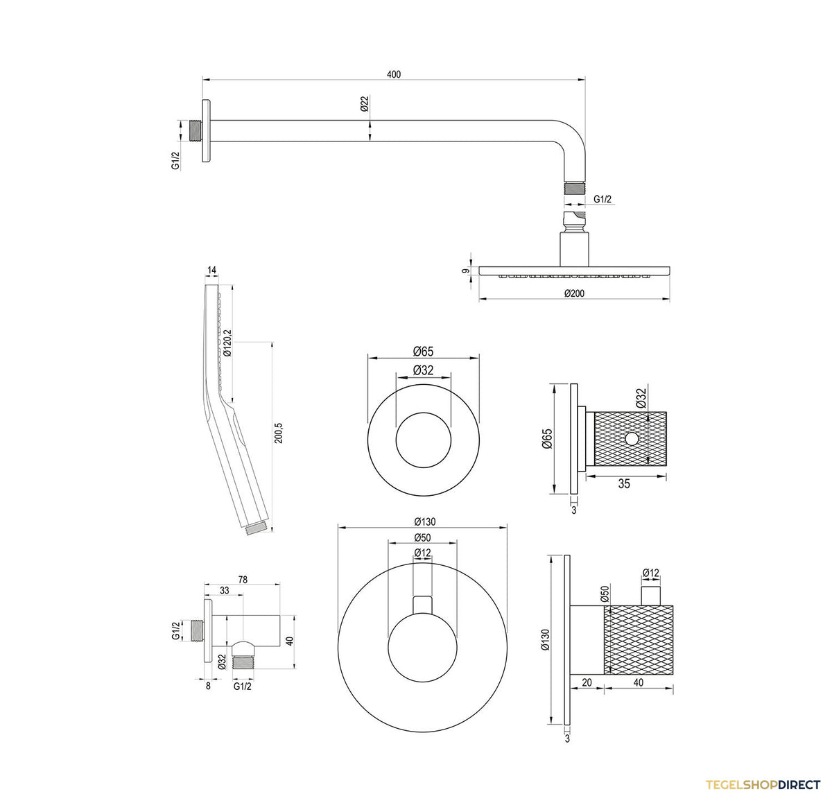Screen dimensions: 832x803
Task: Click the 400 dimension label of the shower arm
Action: pyautogui.click(x=393, y=74)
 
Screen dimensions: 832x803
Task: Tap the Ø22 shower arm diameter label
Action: pyautogui.click(x=364, y=104)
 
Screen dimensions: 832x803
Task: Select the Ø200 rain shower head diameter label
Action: pyautogui.click(x=574, y=293)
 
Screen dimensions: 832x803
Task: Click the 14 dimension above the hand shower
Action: pyautogui.click(x=211, y=270)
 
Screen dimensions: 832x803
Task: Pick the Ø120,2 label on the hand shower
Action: pyautogui.click(x=227, y=343)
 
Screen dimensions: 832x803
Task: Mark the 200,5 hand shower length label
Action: pyautogui.click(x=278, y=433)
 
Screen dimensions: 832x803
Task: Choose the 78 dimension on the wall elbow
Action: pyautogui.click(x=243, y=580)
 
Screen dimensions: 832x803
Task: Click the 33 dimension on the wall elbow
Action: pyautogui.click(x=224, y=591)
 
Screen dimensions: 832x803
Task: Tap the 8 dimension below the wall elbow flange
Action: pyautogui.click(x=208, y=687)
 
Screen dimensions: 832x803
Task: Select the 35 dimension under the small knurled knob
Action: pyautogui.click(x=624, y=483)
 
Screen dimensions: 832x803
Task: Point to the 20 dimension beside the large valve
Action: pyautogui.click(x=587, y=682)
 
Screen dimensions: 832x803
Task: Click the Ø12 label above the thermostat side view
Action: pyautogui.click(x=651, y=573)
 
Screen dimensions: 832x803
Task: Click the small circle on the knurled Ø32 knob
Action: pyautogui.click(x=632, y=438)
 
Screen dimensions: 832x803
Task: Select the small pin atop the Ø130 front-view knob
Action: pyautogui.click(x=422, y=604)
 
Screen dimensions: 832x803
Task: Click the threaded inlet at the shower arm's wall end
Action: pyautogui.click(x=196, y=131)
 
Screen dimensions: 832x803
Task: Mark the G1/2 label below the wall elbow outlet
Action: pyautogui.click(x=243, y=687)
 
